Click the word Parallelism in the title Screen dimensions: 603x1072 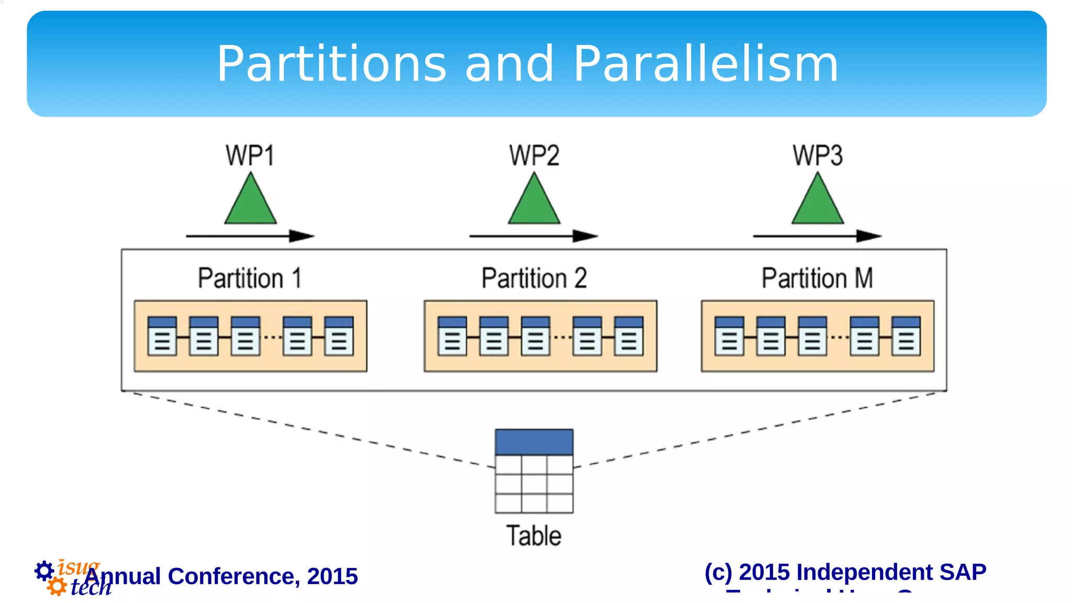click(x=706, y=64)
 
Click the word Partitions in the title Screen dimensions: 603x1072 click(x=331, y=64)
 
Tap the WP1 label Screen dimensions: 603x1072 click(x=250, y=155)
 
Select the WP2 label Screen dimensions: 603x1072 click(x=534, y=155)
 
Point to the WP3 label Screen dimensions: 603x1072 click(x=817, y=155)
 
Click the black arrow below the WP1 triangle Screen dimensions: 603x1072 click(x=250, y=236)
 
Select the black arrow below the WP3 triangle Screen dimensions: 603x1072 click(x=817, y=236)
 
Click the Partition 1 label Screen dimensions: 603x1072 click(x=250, y=278)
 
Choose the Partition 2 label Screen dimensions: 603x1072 click(x=534, y=278)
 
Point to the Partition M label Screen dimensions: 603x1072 click(x=817, y=278)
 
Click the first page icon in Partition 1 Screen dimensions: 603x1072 click(x=162, y=336)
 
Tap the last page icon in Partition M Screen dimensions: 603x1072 click(x=906, y=336)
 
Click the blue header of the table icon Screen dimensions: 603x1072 click(x=534, y=442)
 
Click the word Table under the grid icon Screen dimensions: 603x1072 click(x=534, y=536)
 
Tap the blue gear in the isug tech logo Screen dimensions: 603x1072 click(x=44, y=571)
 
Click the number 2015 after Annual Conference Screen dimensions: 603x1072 click(x=332, y=576)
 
